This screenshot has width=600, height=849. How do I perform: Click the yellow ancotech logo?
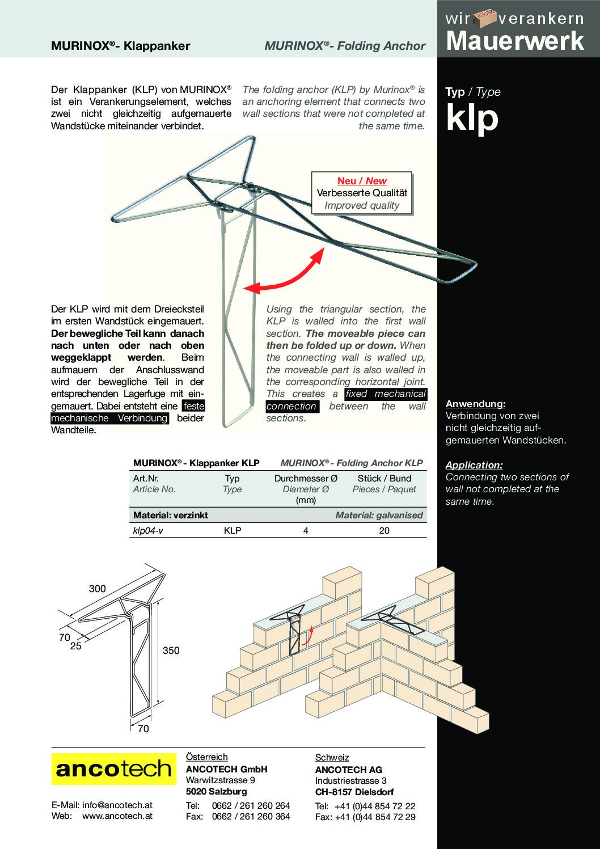click(x=113, y=768)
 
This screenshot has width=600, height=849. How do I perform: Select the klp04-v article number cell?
click(x=148, y=530)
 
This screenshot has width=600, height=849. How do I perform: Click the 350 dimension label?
click(x=171, y=651)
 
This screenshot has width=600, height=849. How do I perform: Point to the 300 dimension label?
click(x=97, y=589)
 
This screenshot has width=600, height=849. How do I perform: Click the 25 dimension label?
click(x=76, y=645)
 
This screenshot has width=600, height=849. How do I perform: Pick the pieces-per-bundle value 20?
click(x=384, y=530)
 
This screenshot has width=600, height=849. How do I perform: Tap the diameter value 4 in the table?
click(x=306, y=530)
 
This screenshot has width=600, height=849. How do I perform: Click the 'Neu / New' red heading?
click(x=362, y=181)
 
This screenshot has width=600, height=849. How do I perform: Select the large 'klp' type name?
click(x=472, y=117)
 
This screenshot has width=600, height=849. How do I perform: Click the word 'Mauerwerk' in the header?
click(x=515, y=41)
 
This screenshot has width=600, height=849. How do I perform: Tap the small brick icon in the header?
click(x=485, y=18)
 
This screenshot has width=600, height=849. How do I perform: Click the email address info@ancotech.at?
click(x=117, y=805)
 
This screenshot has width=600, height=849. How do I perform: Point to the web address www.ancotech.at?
click(x=117, y=816)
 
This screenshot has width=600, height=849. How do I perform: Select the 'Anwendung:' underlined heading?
click(x=475, y=404)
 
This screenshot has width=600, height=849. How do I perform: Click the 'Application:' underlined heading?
click(x=474, y=465)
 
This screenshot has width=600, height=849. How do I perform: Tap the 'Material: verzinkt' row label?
click(x=171, y=515)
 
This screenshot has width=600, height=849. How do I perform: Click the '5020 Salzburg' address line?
click(x=216, y=791)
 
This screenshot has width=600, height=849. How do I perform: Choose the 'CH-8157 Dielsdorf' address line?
click(x=354, y=792)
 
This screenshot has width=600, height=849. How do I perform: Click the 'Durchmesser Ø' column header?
click(x=305, y=479)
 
